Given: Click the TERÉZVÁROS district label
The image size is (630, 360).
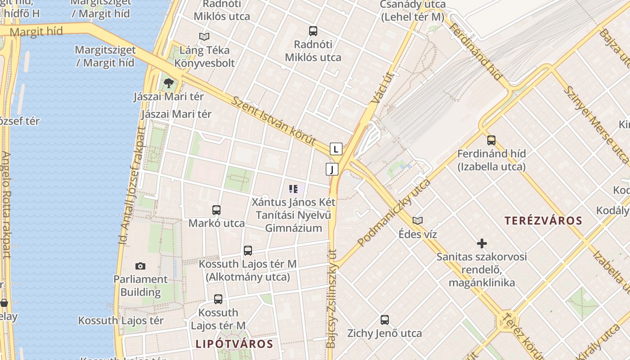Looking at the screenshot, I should point(543,220).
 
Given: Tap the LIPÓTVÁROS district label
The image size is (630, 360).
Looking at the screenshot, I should point(234,344).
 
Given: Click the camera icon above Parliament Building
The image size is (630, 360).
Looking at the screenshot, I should point(140,266).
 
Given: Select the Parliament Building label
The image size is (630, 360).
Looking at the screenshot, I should point(140,285).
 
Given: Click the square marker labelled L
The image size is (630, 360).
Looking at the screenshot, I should point(336,149).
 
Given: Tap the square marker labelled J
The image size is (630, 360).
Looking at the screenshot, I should point(332,169).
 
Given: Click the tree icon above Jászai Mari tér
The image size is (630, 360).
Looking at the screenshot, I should point(169,83).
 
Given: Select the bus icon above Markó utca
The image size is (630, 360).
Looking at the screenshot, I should point(216,210).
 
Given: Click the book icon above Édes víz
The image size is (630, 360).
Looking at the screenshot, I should point(418,220).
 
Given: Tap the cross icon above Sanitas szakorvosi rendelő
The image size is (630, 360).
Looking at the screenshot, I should point(482,243).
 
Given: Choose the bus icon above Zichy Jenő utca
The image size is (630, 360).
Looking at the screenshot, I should point(385,320).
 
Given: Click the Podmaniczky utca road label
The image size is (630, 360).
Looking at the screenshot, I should point(394,212).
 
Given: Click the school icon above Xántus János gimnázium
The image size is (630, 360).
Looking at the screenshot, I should point(293,189).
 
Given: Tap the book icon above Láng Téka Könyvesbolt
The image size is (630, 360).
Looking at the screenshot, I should point(204,36).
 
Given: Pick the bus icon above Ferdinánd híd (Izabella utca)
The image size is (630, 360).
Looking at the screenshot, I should point(491,140).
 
